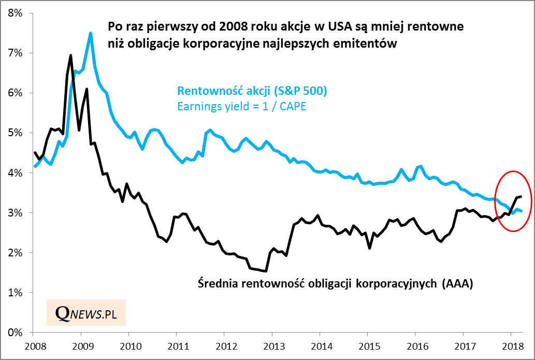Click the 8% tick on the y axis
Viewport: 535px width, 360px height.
pos(16,13)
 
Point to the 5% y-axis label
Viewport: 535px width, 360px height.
pos(16,133)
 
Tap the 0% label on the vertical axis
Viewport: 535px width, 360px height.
pos(16,332)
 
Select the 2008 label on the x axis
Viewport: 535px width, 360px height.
pos(33,345)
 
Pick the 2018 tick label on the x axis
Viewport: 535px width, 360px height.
pos(511,345)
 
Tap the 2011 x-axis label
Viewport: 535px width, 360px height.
pos(177,345)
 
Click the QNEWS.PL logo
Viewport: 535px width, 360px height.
pos(86,312)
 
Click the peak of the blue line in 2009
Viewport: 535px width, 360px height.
pos(91,33)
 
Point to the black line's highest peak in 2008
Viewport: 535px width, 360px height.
pos(71,55)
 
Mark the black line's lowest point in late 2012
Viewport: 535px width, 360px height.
pos(266,271)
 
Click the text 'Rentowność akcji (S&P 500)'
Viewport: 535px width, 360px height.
pos(252,91)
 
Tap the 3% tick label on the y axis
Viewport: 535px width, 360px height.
pos(16,212)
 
